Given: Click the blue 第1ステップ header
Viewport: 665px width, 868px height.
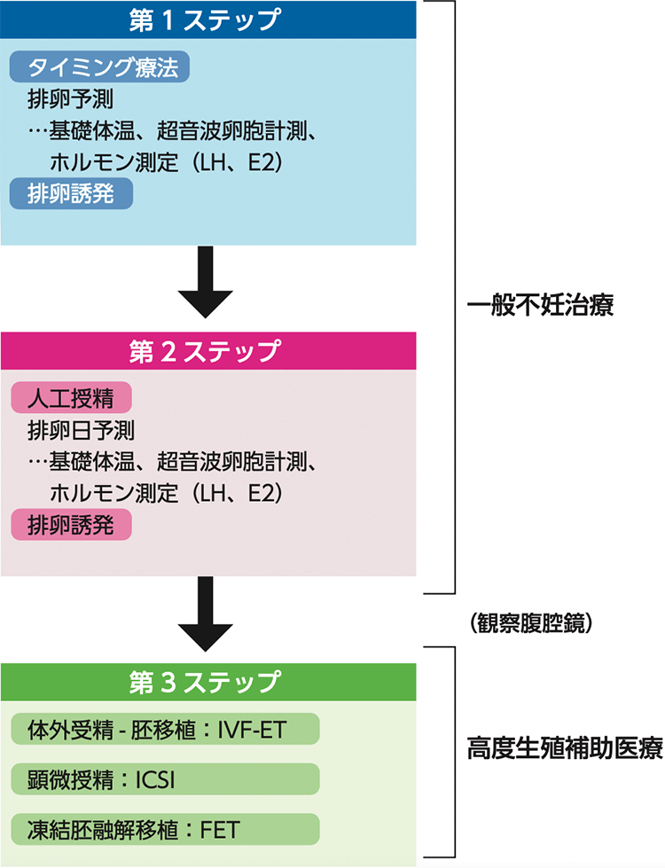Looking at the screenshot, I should (208, 20).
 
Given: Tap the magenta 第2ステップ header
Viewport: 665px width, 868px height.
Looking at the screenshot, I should (208, 350).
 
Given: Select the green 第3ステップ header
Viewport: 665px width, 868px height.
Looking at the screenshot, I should (208, 681).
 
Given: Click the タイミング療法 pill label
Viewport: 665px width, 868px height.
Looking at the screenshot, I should (100, 67).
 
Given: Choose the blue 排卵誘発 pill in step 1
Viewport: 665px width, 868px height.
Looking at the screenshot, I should (71, 194).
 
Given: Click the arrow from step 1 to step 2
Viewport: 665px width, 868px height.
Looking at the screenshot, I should (208, 282).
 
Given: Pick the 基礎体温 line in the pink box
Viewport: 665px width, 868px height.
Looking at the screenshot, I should (177, 463).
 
